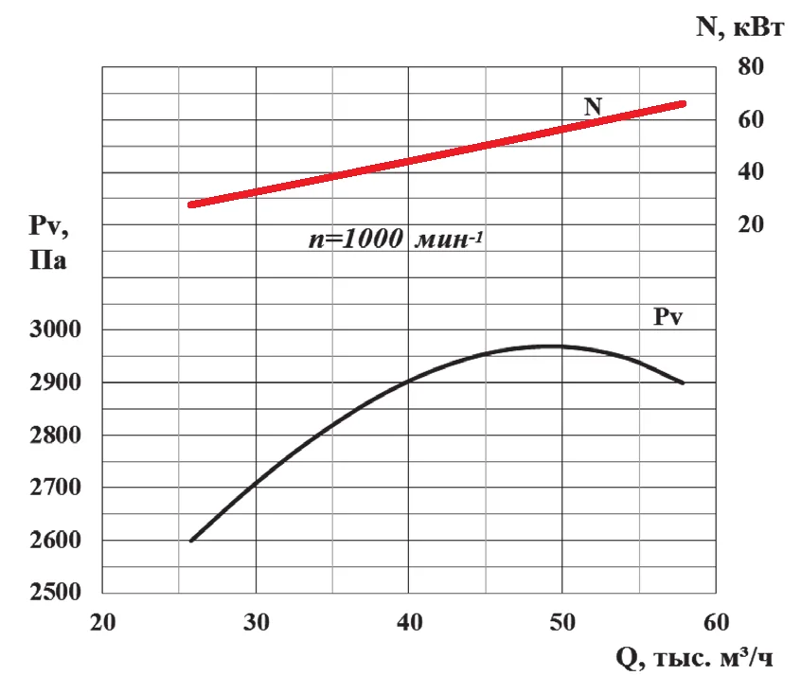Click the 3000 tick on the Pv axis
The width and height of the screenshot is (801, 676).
pyautogui.click(x=55, y=329)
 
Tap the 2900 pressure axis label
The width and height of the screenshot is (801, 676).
pyautogui.click(x=55, y=382)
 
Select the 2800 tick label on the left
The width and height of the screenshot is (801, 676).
pyautogui.click(x=55, y=436)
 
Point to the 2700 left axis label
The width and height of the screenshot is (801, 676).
pyautogui.click(x=55, y=488)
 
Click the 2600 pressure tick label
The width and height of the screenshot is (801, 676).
pyautogui.click(x=55, y=540)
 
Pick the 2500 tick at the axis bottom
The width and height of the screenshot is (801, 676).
pyautogui.click(x=55, y=592)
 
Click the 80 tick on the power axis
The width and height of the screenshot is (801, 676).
pyautogui.click(x=751, y=66)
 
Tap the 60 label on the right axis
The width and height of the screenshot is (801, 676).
pyautogui.click(x=751, y=119)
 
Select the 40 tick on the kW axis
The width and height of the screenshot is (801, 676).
pyautogui.click(x=751, y=171)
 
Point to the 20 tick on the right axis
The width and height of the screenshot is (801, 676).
pyautogui.click(x=751, y=224)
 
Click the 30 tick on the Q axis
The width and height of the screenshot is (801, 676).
pyautogui.click(x=256, y=623)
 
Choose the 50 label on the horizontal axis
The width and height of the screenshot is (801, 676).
pyautogui.click(x=562, y=623)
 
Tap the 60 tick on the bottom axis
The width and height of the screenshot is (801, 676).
pyautogui.click(x=716, y=623)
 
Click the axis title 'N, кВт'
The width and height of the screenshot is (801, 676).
pyautogui.click(x=739, y=27)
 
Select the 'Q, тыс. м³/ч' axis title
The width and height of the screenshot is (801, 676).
pyautogui.click(x=694, y=658)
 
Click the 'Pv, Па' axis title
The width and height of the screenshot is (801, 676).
pyautogui.click(x=48, y=242)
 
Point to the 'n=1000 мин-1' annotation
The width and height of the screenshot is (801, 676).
pyautogui.click(x=396, y=240)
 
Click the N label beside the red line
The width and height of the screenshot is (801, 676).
pyautogui.click(x=593, y=107)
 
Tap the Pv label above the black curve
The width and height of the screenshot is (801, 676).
pyautogui.click(x=668, y=317)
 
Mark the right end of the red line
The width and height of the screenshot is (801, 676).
pyautogui.click(x=683, y=104)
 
